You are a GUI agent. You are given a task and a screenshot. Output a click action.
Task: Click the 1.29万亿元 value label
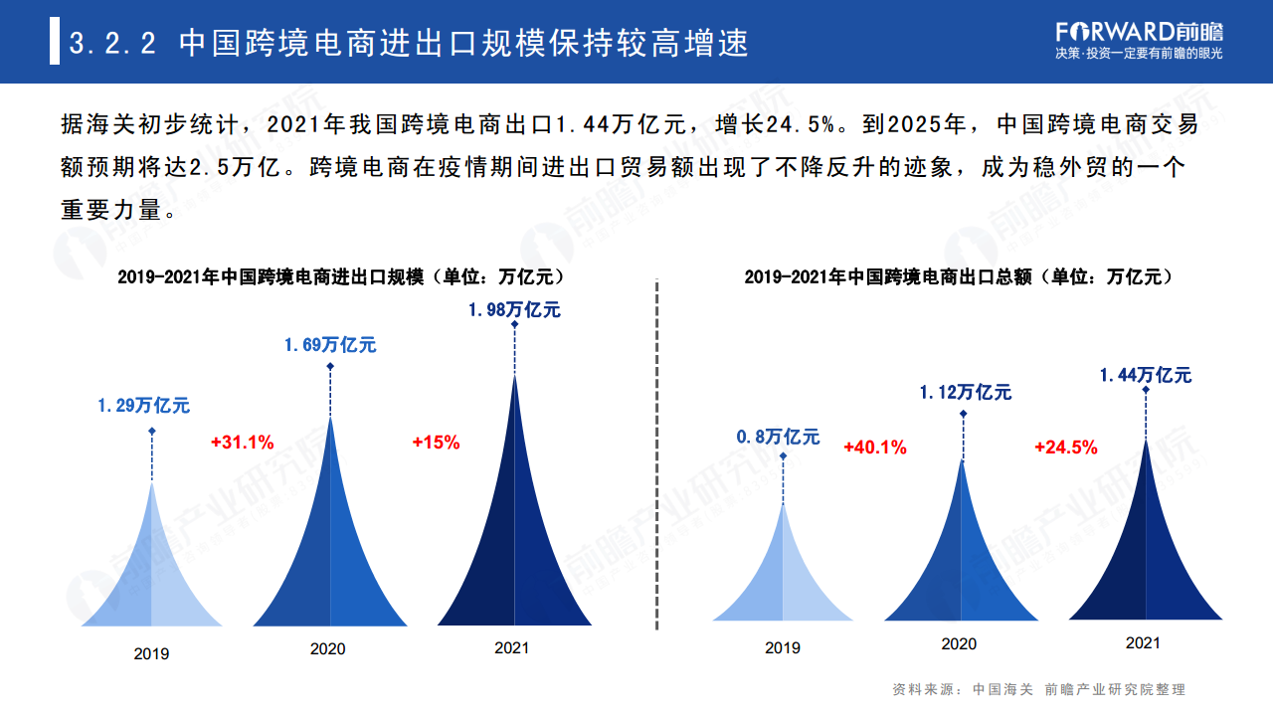click(x=143, y=406)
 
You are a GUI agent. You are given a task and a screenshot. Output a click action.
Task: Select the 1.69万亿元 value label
click(x=330, y=345)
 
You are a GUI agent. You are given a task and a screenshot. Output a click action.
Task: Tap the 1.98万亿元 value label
click(x=514, y=310)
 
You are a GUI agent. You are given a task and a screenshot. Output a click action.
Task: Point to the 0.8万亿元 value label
click(x=778, y=437)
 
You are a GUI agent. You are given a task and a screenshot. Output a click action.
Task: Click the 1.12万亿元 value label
click(x=964, y=393)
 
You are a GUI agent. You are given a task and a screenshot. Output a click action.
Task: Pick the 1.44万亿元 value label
click(x=1145, y=375)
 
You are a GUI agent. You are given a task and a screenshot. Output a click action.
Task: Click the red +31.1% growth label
click(x=242, y=443)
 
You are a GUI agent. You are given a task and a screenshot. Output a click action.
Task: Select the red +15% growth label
click(x=436, y=443)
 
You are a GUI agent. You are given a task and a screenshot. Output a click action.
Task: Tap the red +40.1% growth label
click(x=874, y=447)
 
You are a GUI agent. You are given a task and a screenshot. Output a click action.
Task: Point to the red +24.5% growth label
click(x=1065, y=447)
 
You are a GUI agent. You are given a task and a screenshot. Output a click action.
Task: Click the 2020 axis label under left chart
click(x=327, y=649)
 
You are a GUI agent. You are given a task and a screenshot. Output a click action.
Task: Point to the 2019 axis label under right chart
click(x=782, y=648)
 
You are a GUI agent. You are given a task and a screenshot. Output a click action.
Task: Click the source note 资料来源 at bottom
click(x=1038, y=689)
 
